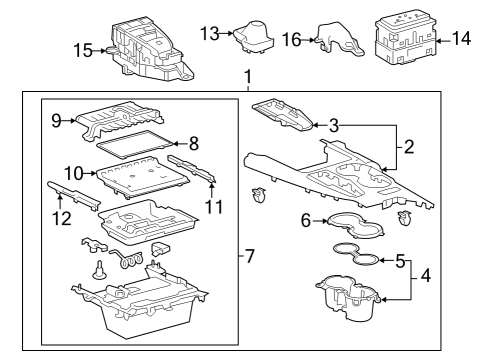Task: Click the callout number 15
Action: [83, 51]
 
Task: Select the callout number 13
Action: [210, 34]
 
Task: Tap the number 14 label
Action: [461, 38]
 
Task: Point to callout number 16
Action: [292, 40]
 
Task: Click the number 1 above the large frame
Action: [248, 77]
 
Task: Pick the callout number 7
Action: [249, 256]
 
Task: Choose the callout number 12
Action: [62, 219]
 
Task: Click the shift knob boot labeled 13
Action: [254, 37]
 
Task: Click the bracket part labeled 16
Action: [338, 38]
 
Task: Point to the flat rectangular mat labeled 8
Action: [135, 144]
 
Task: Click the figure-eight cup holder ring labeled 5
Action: [356, 255]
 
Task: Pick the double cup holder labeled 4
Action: [348, 298]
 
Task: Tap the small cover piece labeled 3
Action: [283, 115]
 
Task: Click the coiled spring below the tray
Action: [127, 258]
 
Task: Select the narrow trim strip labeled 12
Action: [74, 196]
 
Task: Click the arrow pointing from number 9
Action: [69, 121]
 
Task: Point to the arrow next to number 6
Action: [321, 221]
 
